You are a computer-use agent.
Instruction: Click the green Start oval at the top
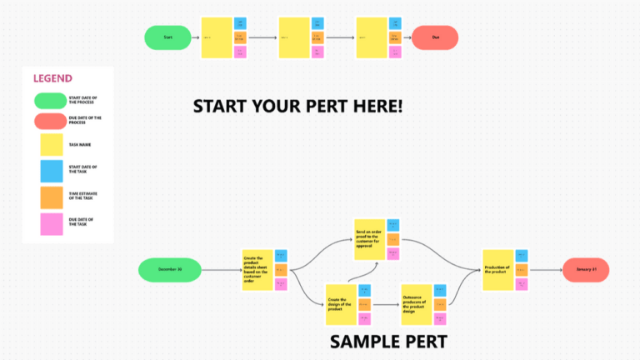167,37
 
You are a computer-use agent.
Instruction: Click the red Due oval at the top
435,37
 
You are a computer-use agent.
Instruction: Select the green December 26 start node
169,270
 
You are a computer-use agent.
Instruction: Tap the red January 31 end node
586,270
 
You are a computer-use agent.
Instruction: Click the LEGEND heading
52,78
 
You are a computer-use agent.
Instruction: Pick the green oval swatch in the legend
50,101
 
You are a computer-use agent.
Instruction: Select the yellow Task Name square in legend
51,144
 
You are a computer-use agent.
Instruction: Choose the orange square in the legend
51,196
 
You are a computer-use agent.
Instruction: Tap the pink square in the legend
51,223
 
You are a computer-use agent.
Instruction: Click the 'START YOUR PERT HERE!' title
297,106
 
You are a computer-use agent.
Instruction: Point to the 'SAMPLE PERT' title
388,342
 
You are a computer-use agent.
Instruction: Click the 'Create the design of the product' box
340,304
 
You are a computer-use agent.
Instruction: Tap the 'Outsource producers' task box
417,304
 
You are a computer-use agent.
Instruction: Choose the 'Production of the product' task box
497,270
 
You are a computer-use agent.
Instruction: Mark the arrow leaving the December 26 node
221,270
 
